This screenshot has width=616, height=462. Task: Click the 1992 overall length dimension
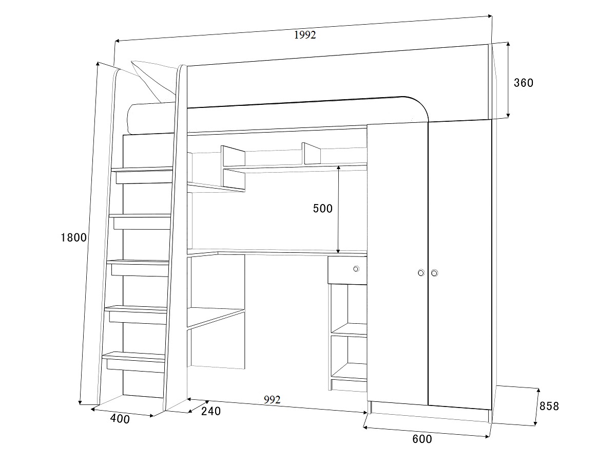(x=305, y=35)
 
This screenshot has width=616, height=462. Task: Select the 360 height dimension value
(x=524, y=83)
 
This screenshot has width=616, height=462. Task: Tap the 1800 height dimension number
(x=74, y=237)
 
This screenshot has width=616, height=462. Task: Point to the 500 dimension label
(x=323, y=209)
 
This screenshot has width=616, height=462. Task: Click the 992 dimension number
(x=272, y=400)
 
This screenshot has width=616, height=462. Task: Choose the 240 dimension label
(x=211, y=411)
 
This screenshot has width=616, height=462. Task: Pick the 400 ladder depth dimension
(x=120, y=419)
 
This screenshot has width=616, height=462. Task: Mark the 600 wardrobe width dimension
(x=422, y=439)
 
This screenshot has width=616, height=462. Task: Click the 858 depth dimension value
(x=549, y=406)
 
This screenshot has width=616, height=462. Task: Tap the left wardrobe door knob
(x=421, y=273)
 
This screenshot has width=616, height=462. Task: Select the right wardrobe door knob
(x=434, y=273)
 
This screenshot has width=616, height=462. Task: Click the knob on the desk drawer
(x=356, y=269)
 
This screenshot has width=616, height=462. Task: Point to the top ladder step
(x=142, y=175)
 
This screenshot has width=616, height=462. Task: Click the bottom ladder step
(x=133, y=362)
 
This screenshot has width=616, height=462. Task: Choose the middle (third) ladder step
(x=138, y=268)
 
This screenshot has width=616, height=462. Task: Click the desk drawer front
(x=348, y=270)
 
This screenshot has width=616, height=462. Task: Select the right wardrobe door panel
(x=459, y=264)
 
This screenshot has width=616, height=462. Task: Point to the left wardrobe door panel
(x=398, y=264)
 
